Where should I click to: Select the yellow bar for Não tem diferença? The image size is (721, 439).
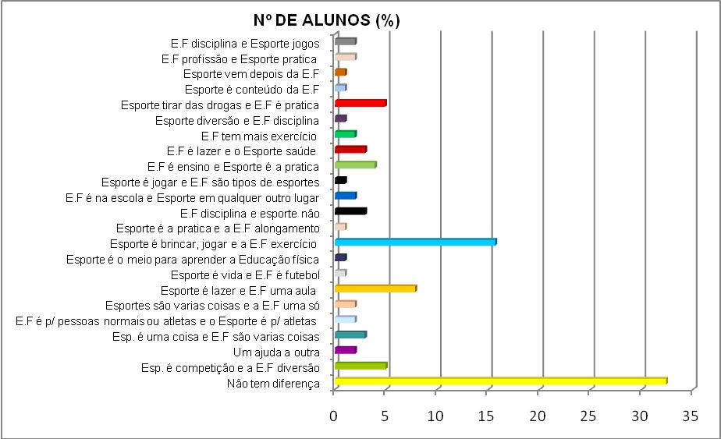click(500, 381)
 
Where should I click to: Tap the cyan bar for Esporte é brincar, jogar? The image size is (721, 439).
click(415, 243)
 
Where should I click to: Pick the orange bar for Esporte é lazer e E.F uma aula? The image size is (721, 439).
click(375, 289)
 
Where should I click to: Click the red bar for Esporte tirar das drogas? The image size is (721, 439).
click(360, 103)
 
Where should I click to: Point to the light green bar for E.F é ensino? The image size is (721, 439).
click(355, 165)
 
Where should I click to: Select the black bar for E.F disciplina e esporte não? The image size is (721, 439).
click(350, 211)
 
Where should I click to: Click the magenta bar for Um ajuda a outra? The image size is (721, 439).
click(345, 350)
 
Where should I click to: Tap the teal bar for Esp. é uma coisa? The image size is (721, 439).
click(350, 335)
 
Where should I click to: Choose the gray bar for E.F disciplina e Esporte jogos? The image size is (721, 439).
click(345, 41)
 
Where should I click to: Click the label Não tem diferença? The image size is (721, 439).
click(273, 384)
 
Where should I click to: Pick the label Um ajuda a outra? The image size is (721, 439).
click(282, 352)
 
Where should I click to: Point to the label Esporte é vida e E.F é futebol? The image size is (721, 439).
click(245, 275)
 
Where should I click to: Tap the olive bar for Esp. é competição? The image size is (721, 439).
click(360, 366)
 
